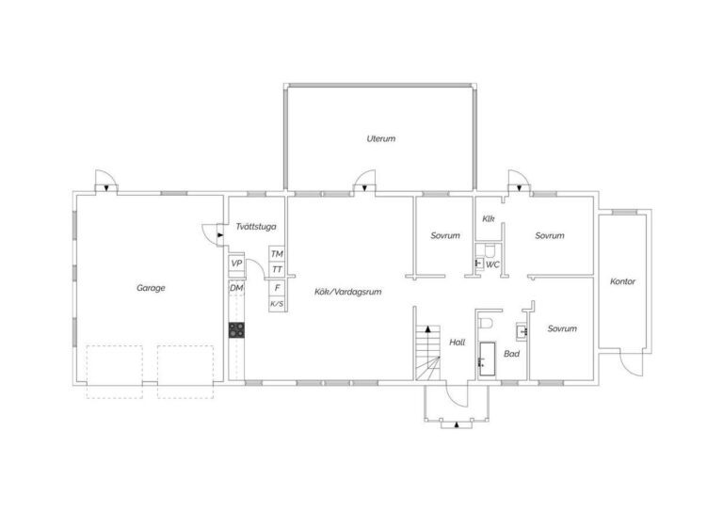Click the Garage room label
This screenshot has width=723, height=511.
click(151, 289)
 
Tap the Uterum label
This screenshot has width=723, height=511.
click(381, 138)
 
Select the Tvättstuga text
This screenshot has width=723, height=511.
click(256, 227)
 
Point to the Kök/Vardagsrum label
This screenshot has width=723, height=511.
click(347, 292)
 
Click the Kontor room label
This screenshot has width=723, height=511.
click(622, 281)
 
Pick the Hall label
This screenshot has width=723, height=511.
click(457, 343)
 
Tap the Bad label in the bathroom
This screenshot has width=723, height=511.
click(511, 354)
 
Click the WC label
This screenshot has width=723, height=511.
click(492, 265)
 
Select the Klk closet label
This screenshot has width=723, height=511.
click(489, 218)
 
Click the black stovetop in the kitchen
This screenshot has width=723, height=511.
click(236, 330)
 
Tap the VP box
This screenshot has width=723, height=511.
click(236, 263)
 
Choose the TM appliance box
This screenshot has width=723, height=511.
click(277, 254)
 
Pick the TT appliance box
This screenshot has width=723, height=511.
click(277, 269)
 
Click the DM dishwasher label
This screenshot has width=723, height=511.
click(236, 288)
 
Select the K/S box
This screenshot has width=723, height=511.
click(277, 304)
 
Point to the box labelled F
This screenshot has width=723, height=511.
click(277, 288)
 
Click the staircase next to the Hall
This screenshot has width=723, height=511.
click(428, 353)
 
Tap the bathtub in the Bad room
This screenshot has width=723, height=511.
click(487, 359)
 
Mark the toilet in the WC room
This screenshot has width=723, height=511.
click(490, 250)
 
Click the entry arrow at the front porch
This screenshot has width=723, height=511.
click(457, 424)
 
